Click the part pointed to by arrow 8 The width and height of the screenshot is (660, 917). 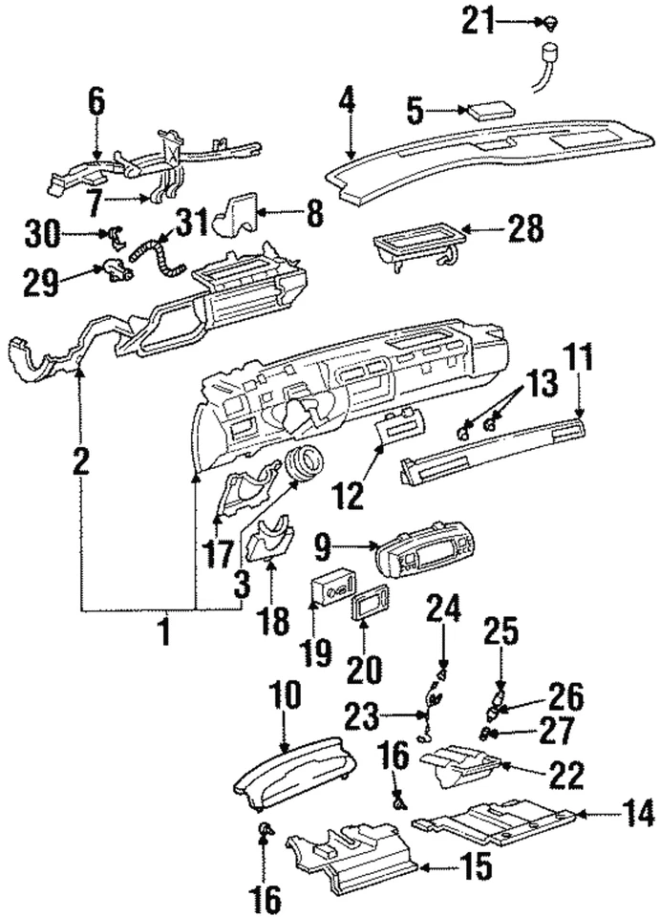coord(239,212)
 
